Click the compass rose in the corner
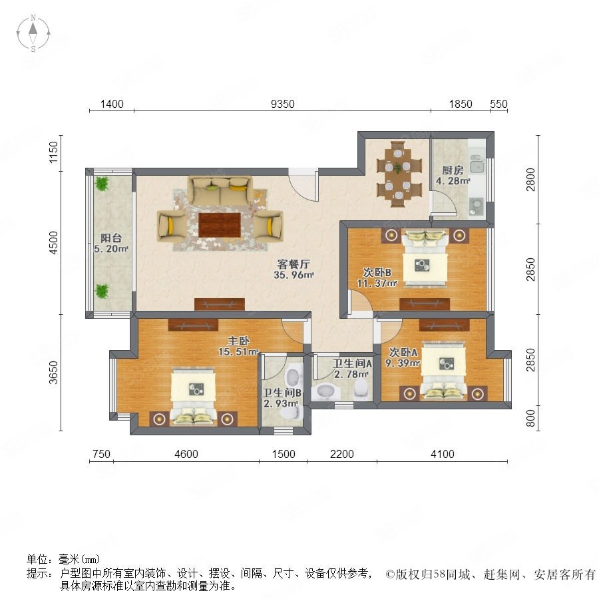click(x=33, y=33)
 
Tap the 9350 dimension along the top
click(x=283, y=104)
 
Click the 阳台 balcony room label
click(x=111, y=238)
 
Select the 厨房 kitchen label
click(x=453, y=170)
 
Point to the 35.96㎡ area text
click(x=294, y=275)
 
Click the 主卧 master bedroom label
click(x=238, y=341)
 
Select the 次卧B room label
click(x=377, y=272)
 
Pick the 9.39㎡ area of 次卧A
click(x=403, y=363)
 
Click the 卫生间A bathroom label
click(x=352, y=363)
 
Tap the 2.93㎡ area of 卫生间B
click(x=281, y=403)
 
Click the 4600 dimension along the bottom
click(x=186, y=454)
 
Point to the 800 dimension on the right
click(x=530, y=418)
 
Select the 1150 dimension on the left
click(x=53, y=152)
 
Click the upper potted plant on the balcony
click(x=102, y=184)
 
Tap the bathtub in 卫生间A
click(x=325, y=391)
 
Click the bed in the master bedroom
click(x=194, y=396)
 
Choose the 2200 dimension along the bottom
click(x=342, y=454)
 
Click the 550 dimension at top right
click(x=499, y=104)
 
